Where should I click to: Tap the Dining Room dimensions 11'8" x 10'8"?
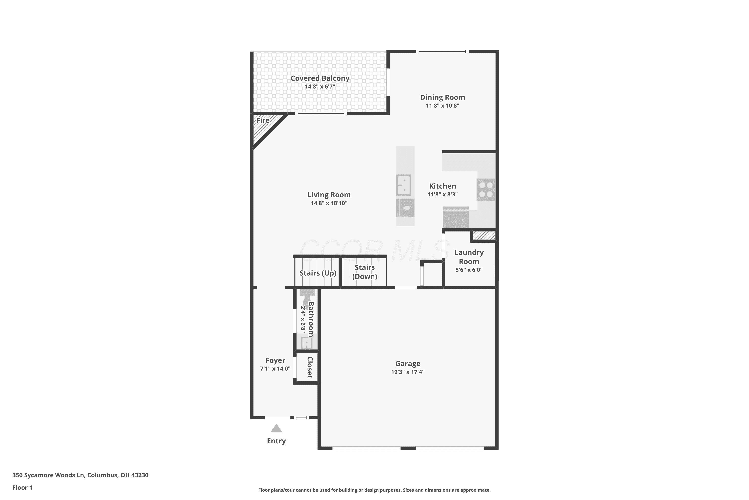(x=442, y=106)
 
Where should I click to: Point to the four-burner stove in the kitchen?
(x=486, y=190)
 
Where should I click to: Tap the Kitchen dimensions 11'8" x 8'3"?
(x=442, y=194)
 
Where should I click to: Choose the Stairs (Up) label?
(x=318, y=273)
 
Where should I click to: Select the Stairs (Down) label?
(x=365, y=272)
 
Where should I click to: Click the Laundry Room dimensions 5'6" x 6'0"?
(x=469, y=270)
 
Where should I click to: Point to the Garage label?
(x=408, y=363)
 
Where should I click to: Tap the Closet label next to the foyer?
(x=310, y=367)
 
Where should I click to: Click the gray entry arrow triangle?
(x=276, y=428)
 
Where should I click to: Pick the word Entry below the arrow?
(x=276, y=441)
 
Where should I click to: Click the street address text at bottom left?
(x=80, y=475)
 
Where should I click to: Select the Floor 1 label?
(x=22, y=487)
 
